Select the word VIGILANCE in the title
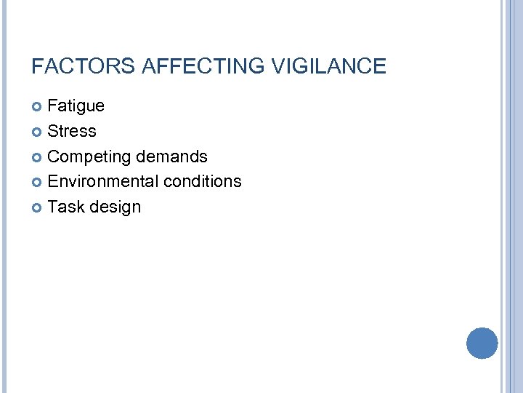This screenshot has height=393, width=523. click(328, 67)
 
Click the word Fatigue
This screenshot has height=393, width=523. click(76, 106)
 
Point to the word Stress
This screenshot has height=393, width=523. click(71, 131)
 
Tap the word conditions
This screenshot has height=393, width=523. click(202, 181)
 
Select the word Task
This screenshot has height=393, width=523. click(66, 207)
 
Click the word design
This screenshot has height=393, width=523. click(115, 207)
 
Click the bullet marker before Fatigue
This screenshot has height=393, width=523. click(38, 107)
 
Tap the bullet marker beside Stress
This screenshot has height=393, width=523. click(38, 132)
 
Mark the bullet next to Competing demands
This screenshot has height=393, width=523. click(38, 157)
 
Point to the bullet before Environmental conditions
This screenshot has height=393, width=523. click(38, 182)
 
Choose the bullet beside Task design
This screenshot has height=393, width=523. click(38, 207)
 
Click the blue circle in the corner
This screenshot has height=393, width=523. click(482, 343)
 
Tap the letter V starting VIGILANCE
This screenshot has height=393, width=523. click(277, 67)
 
